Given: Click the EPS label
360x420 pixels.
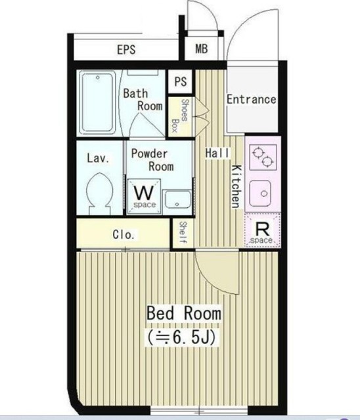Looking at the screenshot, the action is click(x=126, y=50).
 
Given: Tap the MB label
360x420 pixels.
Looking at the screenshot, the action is click(x=201, y=49).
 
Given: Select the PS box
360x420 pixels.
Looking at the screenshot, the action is click(x=181, y=81).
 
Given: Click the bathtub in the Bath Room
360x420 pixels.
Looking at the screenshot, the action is click(x=98, y=103).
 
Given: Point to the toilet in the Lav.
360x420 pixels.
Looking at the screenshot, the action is click(x=99, y=194).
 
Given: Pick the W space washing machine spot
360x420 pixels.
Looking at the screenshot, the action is click(x=145, y=197).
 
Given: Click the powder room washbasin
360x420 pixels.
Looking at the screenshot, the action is click(x=177, y=199).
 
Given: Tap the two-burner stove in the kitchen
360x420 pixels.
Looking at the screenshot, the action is click(x=263, y=157).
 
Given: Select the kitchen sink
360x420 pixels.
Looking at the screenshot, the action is click(x=261, y=194).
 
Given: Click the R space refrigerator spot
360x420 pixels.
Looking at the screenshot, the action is click(x=262, y=230).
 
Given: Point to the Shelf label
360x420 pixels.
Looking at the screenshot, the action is click(x=183, y=232).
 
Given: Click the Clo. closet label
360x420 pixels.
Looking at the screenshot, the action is click(x=124, y=235).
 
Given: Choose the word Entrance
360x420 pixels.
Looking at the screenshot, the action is click(x=251, y=99).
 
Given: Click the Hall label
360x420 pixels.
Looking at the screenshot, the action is click(x=217, y=153).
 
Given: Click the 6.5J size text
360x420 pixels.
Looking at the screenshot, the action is click(x=181, y=338).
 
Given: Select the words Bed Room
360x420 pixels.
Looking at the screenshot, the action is click(x=184, y=313).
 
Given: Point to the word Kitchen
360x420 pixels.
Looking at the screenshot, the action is click(x=236, y=186).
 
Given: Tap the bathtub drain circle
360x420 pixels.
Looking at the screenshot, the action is click(x=98, y=77).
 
